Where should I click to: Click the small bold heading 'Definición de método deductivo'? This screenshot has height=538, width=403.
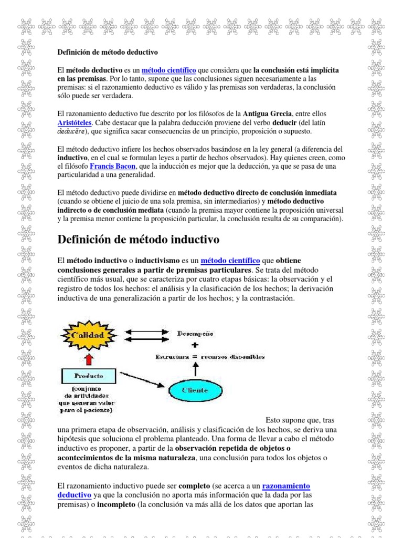click(108, 53)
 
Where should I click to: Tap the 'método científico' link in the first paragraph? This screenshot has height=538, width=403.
click(169, 70)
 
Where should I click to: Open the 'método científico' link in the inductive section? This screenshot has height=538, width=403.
click(230, 260)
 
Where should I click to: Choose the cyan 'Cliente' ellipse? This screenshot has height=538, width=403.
click(195, 390)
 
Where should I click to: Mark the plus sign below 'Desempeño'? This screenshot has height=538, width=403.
click(195, 345)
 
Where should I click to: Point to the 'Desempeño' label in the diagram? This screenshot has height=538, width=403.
click(195, 334)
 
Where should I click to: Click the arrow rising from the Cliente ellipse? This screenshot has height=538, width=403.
click(195, 370)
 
